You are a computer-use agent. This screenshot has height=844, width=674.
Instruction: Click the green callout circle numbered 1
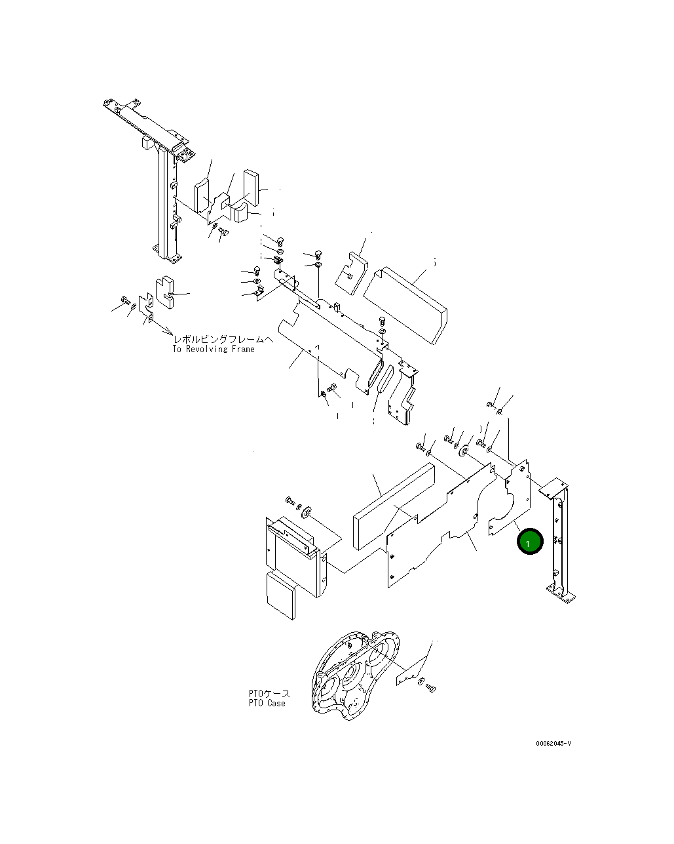coord(530,542)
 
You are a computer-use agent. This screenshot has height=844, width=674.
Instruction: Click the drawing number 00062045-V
coord(553,744)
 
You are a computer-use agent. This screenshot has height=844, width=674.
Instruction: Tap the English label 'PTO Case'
coord(267,704)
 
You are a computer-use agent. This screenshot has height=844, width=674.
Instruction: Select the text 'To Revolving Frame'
coord(214,350)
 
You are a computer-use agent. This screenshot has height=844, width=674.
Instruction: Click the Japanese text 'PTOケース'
coord(269,694)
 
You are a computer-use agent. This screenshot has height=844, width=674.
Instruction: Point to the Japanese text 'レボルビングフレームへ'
coord(223,339)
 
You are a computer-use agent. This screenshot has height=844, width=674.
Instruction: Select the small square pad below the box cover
coord(280,594)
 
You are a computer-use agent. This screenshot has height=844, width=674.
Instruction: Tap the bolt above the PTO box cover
coord(291,502)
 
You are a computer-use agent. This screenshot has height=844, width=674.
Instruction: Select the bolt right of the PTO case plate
coord(430,688)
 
